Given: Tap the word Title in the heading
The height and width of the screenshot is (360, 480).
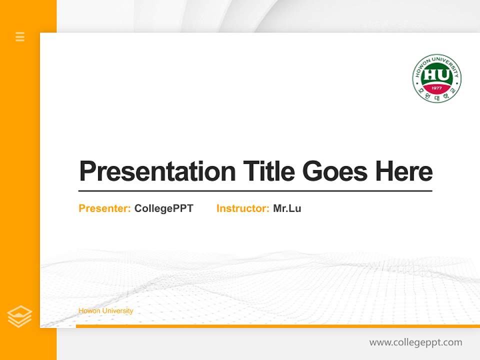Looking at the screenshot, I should click(268, 171).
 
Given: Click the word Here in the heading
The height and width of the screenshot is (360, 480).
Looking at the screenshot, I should click(404, 171).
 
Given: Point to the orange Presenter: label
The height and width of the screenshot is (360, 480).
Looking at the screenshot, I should click(104, 208).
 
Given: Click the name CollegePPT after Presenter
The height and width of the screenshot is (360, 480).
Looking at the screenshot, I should click(163, 208).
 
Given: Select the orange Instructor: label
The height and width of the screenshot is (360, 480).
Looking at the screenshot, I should click(242, 208).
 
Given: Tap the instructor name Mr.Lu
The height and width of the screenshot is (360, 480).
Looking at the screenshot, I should click(287, 208).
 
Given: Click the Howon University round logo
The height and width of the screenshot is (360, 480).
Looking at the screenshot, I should click(436, 78).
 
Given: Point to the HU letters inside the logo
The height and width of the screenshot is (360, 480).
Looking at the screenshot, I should click(436, 75).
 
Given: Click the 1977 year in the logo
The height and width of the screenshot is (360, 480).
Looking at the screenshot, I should click(436, 88).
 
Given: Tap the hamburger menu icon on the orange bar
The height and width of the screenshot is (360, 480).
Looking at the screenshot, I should click(20, 36).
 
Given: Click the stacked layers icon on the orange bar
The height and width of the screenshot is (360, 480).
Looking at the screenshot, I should click(20, 316).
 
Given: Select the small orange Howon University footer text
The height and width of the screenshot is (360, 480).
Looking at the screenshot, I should click(105, 311).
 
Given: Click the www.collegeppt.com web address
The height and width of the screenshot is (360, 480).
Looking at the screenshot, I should click(415, 342).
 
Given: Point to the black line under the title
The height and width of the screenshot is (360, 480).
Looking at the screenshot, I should click(255, 191).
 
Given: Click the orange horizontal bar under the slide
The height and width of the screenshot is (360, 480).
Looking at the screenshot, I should click(277, 326).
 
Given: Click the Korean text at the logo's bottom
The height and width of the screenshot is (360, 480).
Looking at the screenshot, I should click(436, 96).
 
